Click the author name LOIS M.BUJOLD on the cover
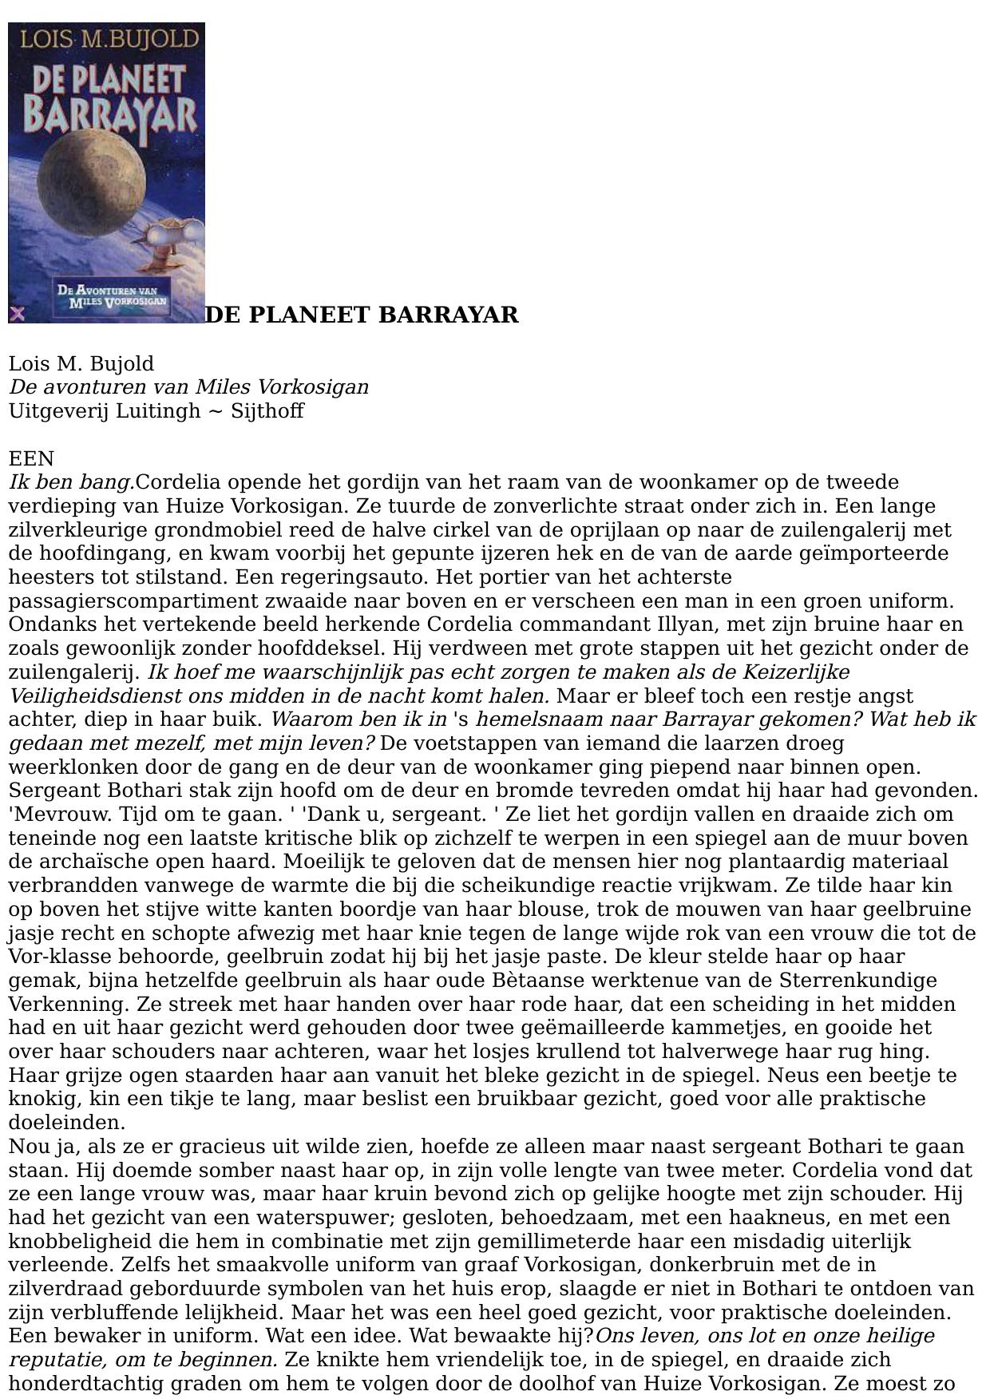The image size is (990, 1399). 109,39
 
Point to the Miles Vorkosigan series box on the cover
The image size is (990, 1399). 117,295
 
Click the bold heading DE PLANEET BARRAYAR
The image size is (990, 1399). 362,315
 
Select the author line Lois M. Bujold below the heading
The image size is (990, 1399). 81,364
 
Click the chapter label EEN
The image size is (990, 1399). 31,459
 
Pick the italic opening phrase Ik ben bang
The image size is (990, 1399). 71,483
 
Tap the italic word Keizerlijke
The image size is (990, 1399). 798,672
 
